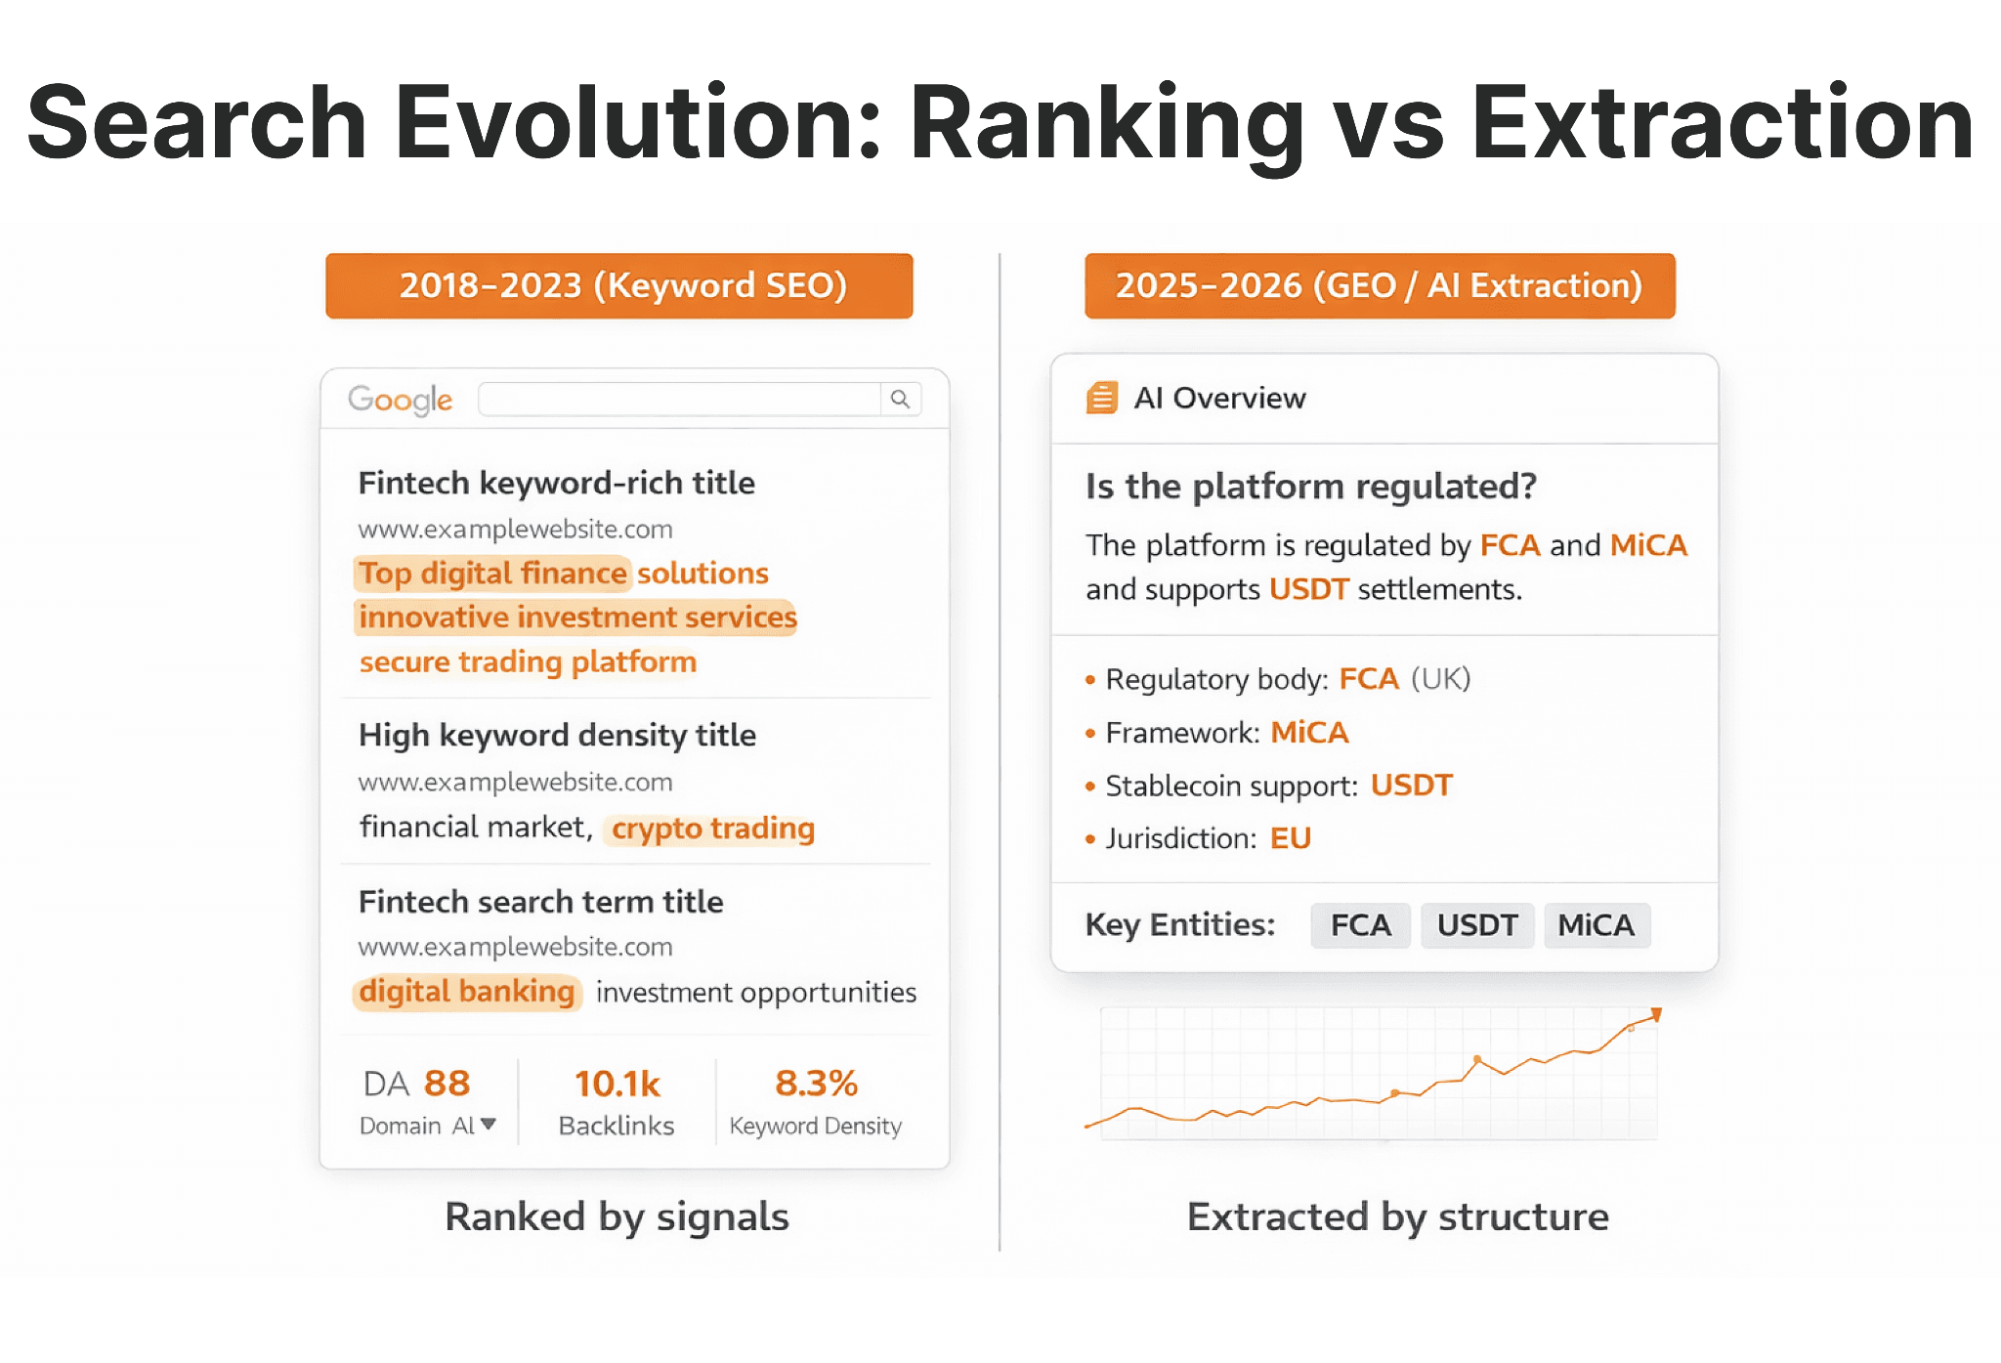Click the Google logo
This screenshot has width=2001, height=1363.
pyautogui.click(x=400, y=399)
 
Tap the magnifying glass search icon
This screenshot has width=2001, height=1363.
pyautogui.click(x=900, y=399)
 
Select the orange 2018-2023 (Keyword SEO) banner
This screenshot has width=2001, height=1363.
pyautogui.click(x=618, y=285)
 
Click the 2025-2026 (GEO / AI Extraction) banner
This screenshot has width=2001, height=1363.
pyautogui.click(x=1379, y=285)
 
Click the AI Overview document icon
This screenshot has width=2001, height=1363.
pyautogui.click(x=1101, y=398)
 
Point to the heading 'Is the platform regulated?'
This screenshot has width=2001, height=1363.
pyautogui.click(x=1310, y=486)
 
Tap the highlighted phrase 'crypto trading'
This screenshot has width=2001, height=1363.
pyautogui.click(x=712, y=829)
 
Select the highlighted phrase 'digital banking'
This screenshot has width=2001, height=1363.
pyautogui.click(x=467, y=992)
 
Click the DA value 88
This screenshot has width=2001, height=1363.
pyautogui.click(x=447, y=1083)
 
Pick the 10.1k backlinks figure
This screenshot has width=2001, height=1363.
pyautogui.click(x=617, y=1083)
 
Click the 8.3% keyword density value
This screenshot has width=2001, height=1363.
pyautogui.click(x=816, y=1083)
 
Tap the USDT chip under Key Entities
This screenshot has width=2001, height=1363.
pyautogui.click(x=1476, y=924)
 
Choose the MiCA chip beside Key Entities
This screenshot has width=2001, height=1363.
pyautogui.click(x=1596, y=924)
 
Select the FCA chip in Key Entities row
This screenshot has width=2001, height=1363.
pyautogui.click(x=1360, y=924)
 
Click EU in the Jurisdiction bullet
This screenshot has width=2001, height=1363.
pyautogui.click(x=1290, y=838)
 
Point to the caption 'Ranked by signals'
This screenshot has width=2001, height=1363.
pyautogui.click(x=617, y=1216)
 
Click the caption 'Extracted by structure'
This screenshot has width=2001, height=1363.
pyautogui.click(x=1397, y=1216)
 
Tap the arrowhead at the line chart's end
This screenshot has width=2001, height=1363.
pyautogui.click(x=1656, y=1014)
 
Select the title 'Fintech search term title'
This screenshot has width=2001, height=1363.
pyautogui.click(x=540, y=901)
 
